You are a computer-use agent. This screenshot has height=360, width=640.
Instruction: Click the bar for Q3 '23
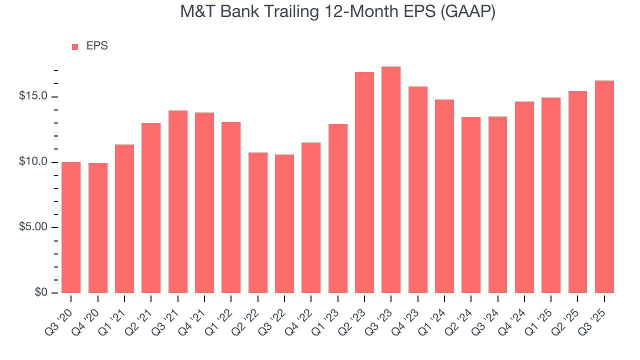point(391,180)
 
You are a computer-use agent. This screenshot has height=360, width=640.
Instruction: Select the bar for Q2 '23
point(364,182)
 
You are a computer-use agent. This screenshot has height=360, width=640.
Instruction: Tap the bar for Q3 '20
point(71,227)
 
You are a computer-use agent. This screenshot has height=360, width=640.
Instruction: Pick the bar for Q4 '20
point(98,228)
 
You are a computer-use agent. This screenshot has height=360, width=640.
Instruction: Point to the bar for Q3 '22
point(284,224)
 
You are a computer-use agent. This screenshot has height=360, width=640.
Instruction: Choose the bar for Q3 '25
point(604,187)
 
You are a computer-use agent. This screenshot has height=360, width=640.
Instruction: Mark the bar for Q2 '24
point(471,205)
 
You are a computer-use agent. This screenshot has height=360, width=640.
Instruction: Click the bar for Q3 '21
point(178,202)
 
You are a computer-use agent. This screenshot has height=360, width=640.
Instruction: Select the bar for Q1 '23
point(338,208)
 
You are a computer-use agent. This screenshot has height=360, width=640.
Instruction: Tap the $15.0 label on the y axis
point(33,96)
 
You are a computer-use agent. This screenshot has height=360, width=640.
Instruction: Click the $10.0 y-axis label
point(33,161)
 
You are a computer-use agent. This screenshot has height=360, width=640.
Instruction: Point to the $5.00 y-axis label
point(33,227)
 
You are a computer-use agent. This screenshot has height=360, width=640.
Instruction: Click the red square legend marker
point(75,46)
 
